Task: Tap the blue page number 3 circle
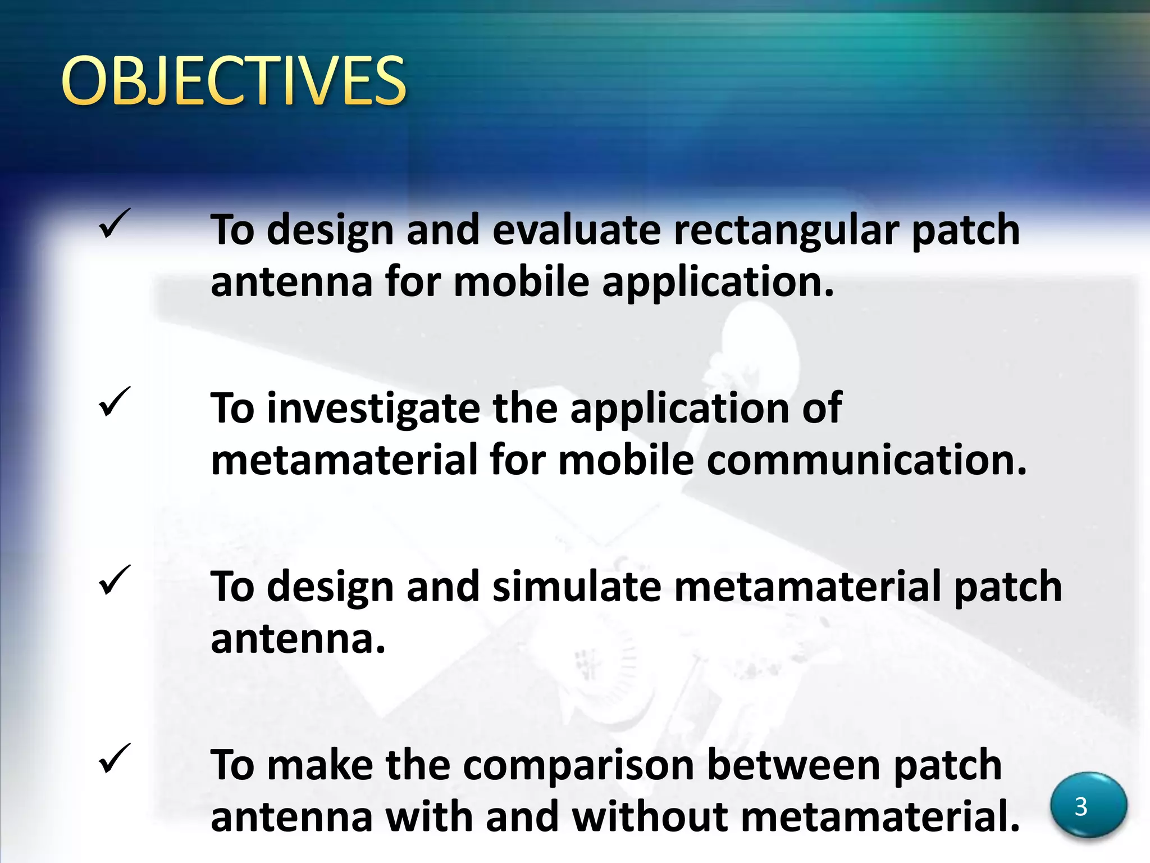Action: click(x=1088, y=805)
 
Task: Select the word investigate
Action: click(x=373, y=409)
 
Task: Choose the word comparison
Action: click(x=578, y=766)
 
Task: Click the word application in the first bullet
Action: click(x=718, y=283)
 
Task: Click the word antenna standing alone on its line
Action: click(x=298, y=639)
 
